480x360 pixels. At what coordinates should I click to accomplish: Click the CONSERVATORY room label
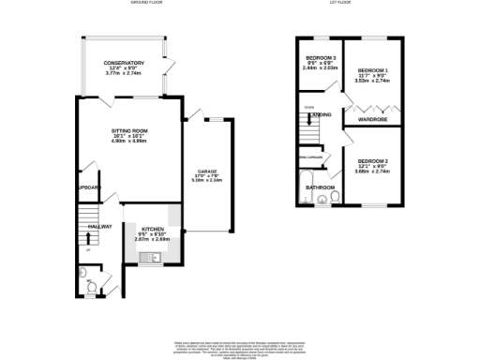(x=124, y=63)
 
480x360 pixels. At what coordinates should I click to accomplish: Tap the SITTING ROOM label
(x=130, y=130)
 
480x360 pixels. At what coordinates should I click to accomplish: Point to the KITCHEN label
(x=154, y=229)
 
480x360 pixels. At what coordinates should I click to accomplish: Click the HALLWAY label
(x=99, y=227)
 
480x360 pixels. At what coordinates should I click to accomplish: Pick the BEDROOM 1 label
(x=373, y=71)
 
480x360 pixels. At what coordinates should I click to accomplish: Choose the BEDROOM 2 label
(x=372, y=161)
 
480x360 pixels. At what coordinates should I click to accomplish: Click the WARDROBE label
(x=373, y=120)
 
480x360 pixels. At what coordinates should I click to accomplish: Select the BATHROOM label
(x=321, y=187)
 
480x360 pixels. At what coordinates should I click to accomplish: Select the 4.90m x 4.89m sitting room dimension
(x=130, y=142)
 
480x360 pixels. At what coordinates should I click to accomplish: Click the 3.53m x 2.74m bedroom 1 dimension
(x=373, y=82)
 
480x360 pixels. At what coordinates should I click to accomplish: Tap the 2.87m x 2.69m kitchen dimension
(x=154, y=240)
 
